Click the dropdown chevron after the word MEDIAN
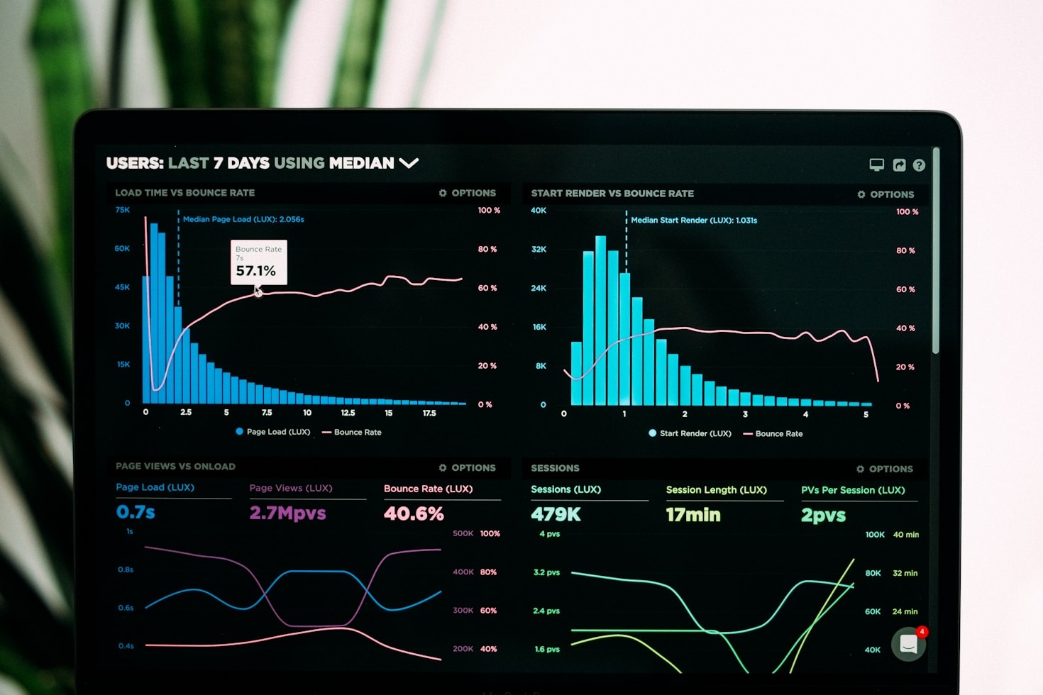pyautogui.click(x=409, y=163)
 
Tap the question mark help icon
pyautogui.click(x=919, y=165)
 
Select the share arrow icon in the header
pyautogui.click(x=899, y=165)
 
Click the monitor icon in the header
pyautogui.click(x=877, y=165)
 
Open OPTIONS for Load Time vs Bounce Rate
pyautogui.click(x=468, y=193)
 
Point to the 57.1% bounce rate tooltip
pyautogui.click(x=258, y=263)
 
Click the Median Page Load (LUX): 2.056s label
pyautogui.click(x=243, y=219)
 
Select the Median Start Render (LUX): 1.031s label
pyautogui.click(x=694, y=221)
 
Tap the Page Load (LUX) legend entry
pyautogui.click(x=272, y=432)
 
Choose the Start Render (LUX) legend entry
pyautogui.click(x=690, y=433)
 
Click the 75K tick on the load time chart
pyautogui.click(x=123, y=210)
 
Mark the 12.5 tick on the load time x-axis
pyautogui.click(x=348, y=413)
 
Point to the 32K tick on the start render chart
pyautogui.click(x=539, y=250)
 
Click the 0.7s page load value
pyautogui.click(x=136, y=512)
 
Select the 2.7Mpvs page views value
pyautogui.click(x=287, y=513)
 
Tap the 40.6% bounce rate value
pyautogui.click(x=414, y=513)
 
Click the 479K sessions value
pyautogui.click(x=556, y=514)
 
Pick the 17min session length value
pyautogui.click(x=693, y=515)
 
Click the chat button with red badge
pyautogui.click(x=909, y=644)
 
